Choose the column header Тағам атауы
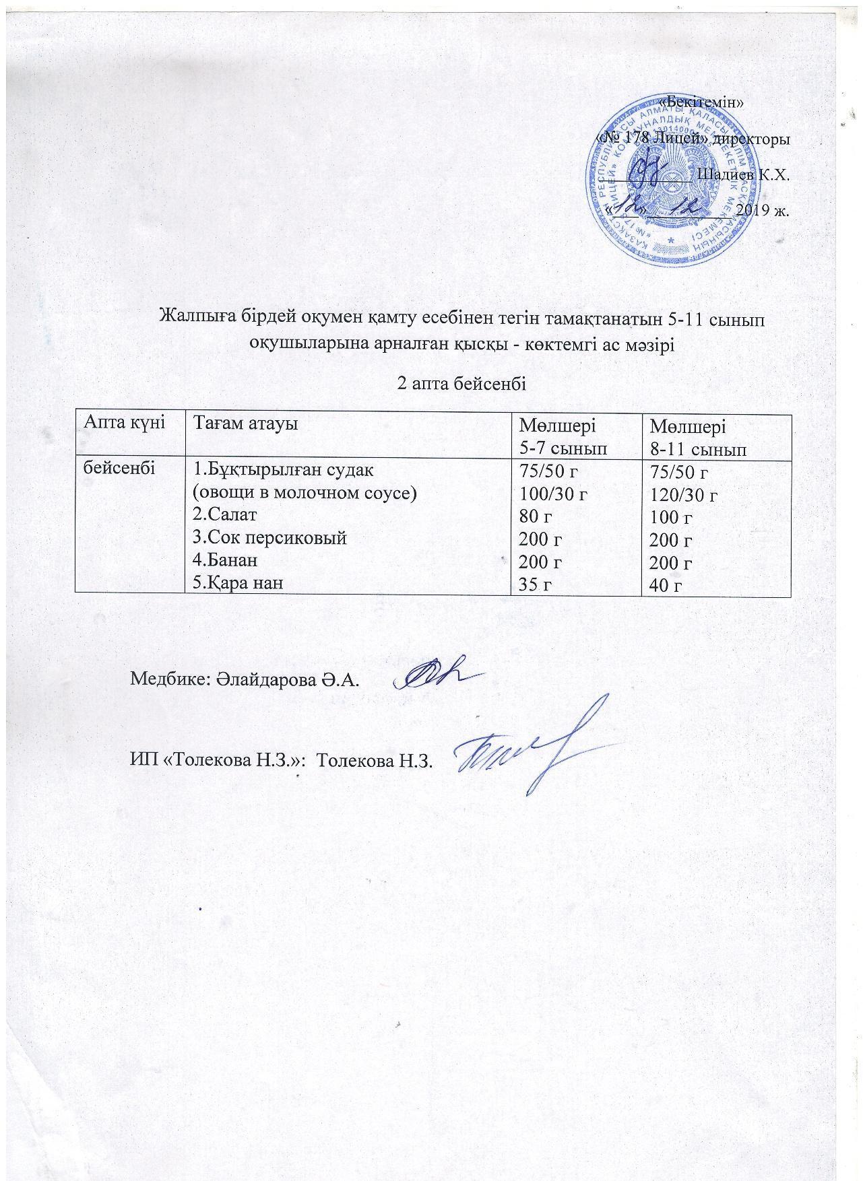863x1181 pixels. pyautogui.click(x=245, y=424)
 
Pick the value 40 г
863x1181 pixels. pyautogui.click(x=664, y=586)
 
